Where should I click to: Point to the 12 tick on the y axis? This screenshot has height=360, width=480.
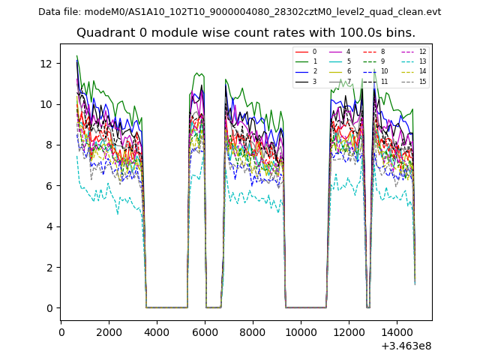(x=46, y=64)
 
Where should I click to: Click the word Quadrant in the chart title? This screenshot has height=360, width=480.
(x=104, y=33)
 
